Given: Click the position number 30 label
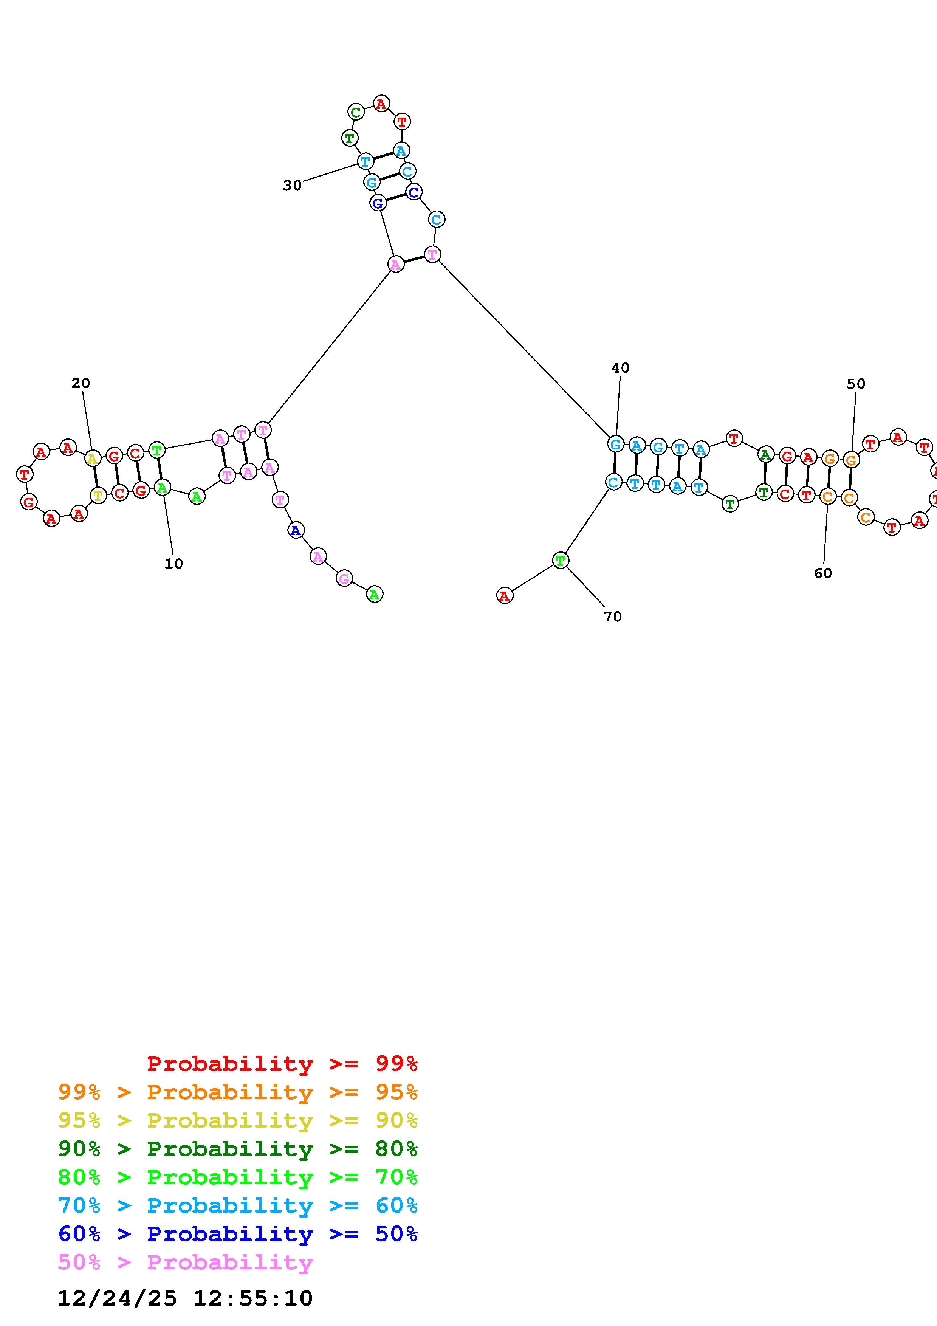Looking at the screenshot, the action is pyautogui.click(x=292, y=185).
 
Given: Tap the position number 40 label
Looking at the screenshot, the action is pyautogui.click(x=620, y=368).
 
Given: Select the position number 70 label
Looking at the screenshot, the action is pyautogui.click(x=613, y=617).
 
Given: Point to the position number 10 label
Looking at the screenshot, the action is pyautogui.click(x=174, y=564).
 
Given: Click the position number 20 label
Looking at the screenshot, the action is pyautogui.click(x=81, y=383).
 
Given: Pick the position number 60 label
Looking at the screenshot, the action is pyautogui.click(x=823, y=573).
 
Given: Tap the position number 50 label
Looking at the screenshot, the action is pyautogui.click(x=856, y=384).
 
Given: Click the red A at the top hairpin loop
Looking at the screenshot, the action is pyautogui.click(x=381, y=104).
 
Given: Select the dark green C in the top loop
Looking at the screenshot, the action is pyautogui.click(x=356, y=112).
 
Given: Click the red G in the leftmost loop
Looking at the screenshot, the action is pyautogui.click(x=28, y=502).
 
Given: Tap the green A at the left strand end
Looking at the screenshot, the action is pyautogui.click(x=375, y=594).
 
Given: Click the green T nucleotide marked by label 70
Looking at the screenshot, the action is pyautogui.click(x=560, y=560).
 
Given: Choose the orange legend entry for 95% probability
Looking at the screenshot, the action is pyautogui.click(x=238, y=1092).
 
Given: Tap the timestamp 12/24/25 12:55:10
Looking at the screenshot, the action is pyautogui.click(x=185, y=1298).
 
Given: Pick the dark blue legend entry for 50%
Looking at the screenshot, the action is pyautogui.click(x=238, y=1234).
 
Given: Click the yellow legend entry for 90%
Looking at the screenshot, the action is pyautogui.click(x=238, y=1120).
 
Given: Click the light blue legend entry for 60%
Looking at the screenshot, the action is pyautogui.click(x=238, y=1206).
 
